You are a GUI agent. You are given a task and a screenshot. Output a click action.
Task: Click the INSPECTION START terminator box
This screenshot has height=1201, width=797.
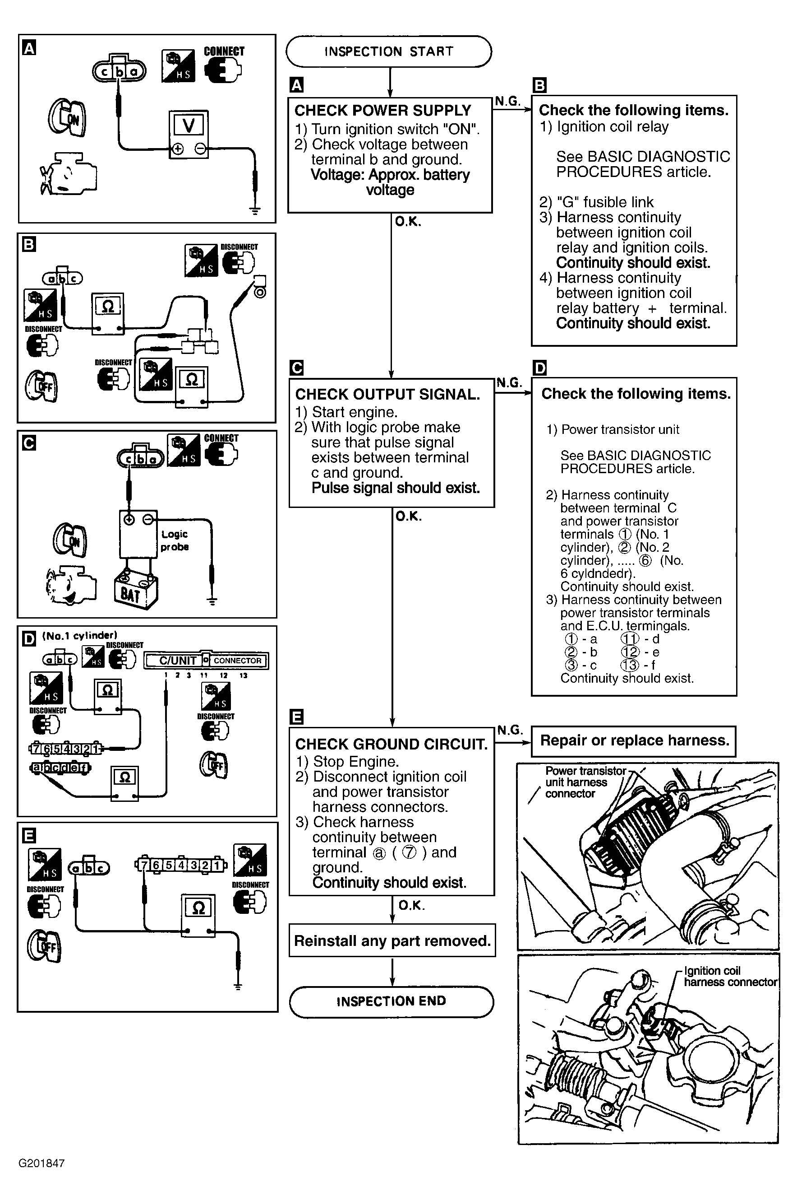point(389,51)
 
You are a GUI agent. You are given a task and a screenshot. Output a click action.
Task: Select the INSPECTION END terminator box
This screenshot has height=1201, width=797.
point(391,1001)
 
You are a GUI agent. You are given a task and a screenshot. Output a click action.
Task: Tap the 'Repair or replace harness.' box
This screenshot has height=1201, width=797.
point(634,740)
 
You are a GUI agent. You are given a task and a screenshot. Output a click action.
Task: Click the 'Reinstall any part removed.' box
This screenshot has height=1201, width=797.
point(392,940)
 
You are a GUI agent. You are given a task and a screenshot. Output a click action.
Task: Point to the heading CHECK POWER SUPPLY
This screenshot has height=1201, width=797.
point(383,110)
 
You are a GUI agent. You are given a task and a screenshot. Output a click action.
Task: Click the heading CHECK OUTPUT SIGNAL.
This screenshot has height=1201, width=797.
point(387,394)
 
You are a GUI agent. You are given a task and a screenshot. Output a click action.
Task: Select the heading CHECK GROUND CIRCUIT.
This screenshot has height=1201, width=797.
point(391,744)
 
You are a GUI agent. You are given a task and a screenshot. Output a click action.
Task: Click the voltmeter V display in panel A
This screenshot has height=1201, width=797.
point(189,125)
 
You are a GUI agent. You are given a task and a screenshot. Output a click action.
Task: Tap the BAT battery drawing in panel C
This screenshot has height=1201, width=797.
point(135,591)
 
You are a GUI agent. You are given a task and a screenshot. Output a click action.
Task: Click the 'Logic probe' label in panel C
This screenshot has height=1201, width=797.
point(175,540)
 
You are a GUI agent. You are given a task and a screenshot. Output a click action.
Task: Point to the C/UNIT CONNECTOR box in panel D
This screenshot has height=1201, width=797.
point(206,660)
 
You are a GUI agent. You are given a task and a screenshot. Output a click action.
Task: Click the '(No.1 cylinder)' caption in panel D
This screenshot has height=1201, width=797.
point(80,635)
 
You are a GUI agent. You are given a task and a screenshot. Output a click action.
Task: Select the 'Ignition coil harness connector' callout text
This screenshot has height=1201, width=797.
point(730,976)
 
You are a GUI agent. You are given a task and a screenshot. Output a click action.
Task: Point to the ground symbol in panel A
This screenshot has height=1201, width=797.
point(255,210)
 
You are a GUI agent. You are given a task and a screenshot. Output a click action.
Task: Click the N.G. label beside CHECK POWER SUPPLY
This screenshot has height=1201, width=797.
point(508,101)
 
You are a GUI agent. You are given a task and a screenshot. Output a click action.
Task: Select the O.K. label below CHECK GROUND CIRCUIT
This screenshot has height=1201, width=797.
point(412,905)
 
